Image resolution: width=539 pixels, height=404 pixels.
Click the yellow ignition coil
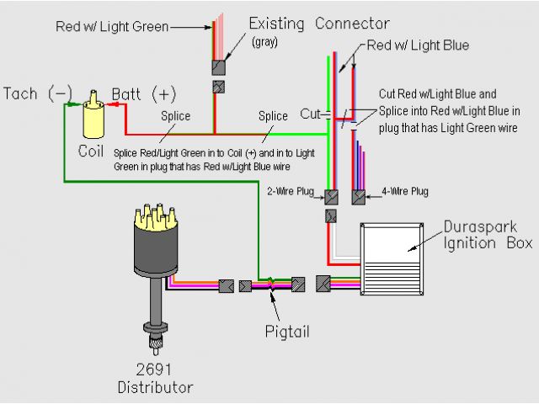(x=93, y=120)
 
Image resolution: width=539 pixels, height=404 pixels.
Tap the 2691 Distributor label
(x=156, y=379)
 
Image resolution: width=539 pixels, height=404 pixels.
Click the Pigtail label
(x=286, y=331)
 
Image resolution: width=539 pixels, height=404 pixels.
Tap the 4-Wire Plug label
(x=405, y=192)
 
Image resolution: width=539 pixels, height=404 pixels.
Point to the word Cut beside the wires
(x=310, y=114)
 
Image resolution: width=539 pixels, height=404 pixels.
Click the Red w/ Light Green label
(x=111, y=27)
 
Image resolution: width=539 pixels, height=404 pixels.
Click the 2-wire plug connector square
(x=332, y=196)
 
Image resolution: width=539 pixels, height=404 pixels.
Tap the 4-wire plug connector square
(x=359, y=196)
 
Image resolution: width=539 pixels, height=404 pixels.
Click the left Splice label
(x=177, y=116)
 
